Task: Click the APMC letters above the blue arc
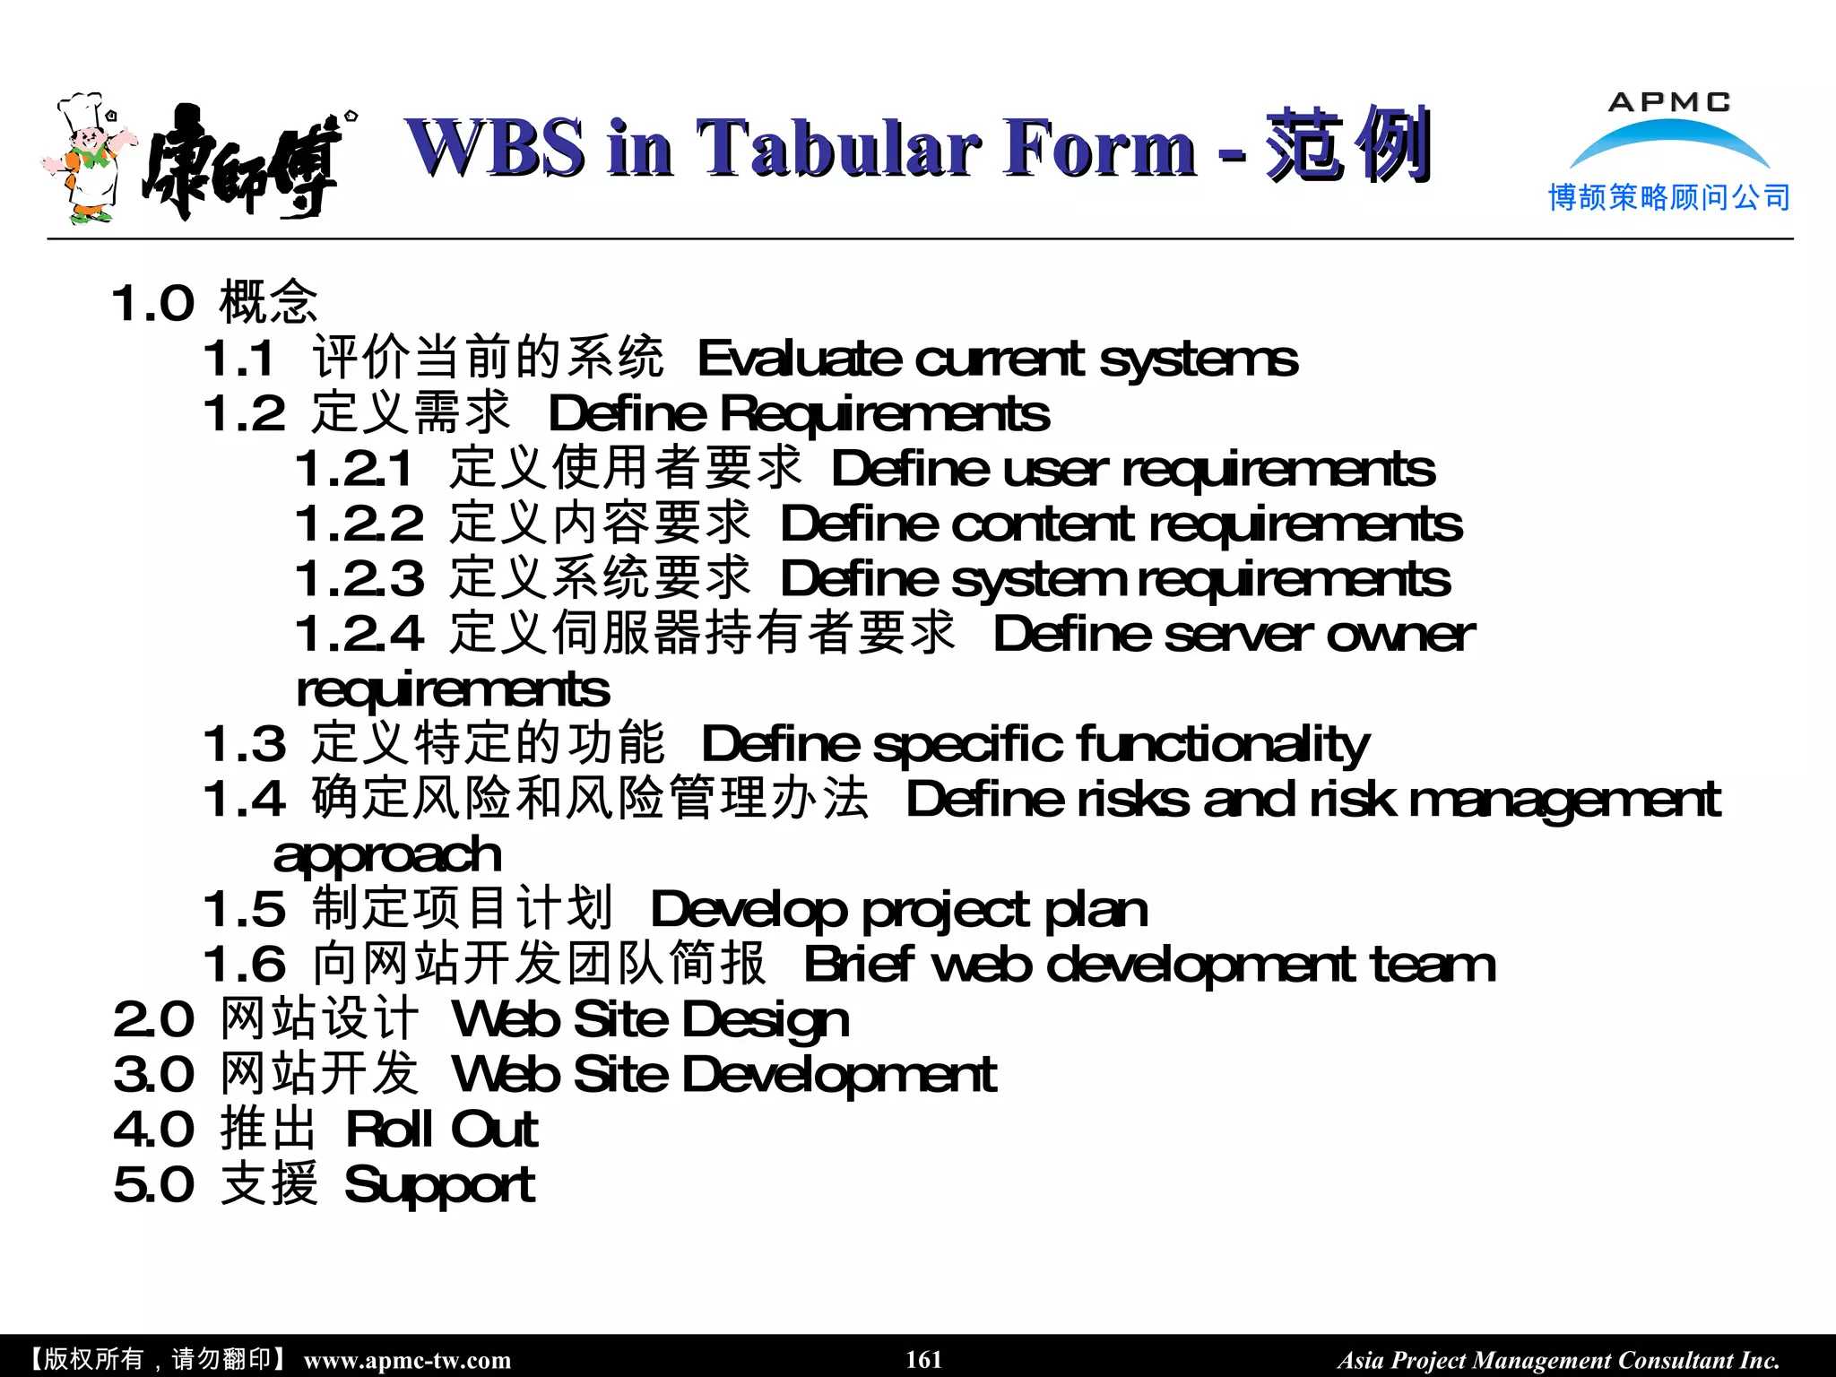(1668, 102)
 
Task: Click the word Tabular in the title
(837, 148)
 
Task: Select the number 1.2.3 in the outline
(359, 579)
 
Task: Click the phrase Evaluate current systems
(997, 360)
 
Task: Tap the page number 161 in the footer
(923, 1359)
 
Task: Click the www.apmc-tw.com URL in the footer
(407, 1360)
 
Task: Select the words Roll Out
(441, 1130)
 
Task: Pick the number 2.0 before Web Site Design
(153, 1020)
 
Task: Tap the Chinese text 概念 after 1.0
(268, 302)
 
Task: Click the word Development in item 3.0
(839, 1076)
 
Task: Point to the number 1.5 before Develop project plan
(244, 910)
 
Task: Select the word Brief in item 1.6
(857, 965)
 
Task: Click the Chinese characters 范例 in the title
(1347, 145)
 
